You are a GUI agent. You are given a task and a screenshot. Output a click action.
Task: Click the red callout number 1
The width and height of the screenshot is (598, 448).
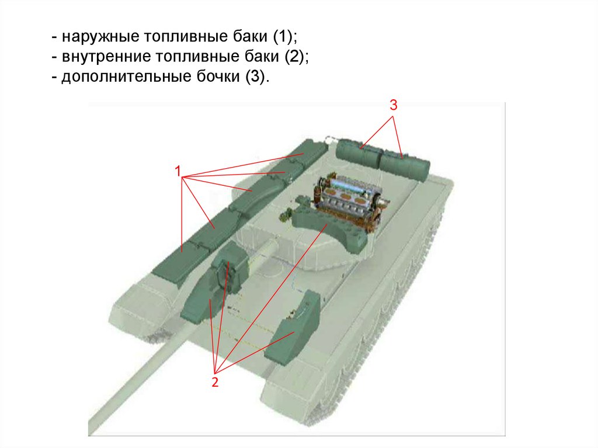point(178,171)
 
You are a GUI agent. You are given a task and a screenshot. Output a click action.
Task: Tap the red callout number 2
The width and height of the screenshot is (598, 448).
point(215,382)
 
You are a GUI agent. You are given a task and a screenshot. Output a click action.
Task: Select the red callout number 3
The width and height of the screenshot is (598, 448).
point(394,105)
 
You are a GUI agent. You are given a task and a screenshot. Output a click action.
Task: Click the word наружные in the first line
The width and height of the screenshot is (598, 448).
point(100,37)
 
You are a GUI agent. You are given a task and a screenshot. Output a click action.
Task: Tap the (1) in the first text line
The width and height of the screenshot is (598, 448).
point(283,37)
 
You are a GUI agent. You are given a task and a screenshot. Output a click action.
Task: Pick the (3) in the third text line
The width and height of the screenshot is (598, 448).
point(255,77)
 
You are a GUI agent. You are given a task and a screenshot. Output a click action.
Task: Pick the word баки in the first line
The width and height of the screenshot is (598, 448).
point(250,37)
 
